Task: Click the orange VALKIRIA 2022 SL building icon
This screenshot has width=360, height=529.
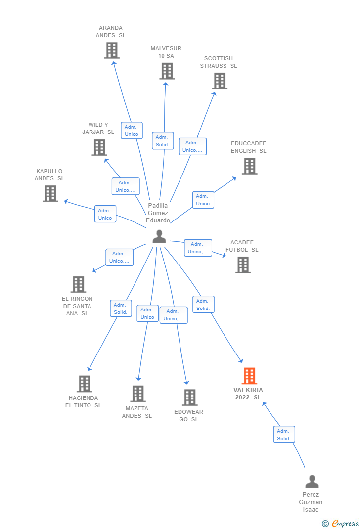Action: [250, 376]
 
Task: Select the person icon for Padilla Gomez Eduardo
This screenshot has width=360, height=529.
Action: [159, 236]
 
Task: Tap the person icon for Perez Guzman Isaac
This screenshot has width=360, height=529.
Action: [312, 482]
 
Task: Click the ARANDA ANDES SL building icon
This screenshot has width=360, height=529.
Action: [112, 50]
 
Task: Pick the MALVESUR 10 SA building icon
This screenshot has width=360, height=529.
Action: [167, 71]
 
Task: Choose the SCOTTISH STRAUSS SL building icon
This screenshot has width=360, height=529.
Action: [220, 81]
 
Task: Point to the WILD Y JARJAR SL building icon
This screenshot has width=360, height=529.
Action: [99, 147]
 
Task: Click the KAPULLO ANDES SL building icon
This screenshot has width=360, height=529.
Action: [50, 194]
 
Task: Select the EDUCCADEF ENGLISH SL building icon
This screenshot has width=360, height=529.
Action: [250, 166]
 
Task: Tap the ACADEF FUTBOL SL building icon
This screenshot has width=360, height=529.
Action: [243, 265]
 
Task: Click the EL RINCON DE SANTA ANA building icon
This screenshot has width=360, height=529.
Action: [78, 284]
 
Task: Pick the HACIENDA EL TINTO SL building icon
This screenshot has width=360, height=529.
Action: [85, 384]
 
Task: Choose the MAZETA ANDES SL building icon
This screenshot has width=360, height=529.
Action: [138, 394]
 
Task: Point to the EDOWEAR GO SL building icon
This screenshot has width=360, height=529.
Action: [190, 397]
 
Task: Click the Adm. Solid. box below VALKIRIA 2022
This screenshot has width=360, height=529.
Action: [284, 435]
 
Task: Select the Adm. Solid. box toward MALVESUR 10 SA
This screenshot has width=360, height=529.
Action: [163, 141]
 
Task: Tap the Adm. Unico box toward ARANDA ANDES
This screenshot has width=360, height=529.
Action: [132, 131]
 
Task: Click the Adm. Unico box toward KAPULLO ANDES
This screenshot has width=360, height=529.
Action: [105, 214]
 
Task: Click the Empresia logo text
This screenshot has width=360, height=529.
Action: [345, 523]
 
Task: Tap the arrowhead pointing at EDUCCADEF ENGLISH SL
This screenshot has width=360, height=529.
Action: [234, 178]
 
